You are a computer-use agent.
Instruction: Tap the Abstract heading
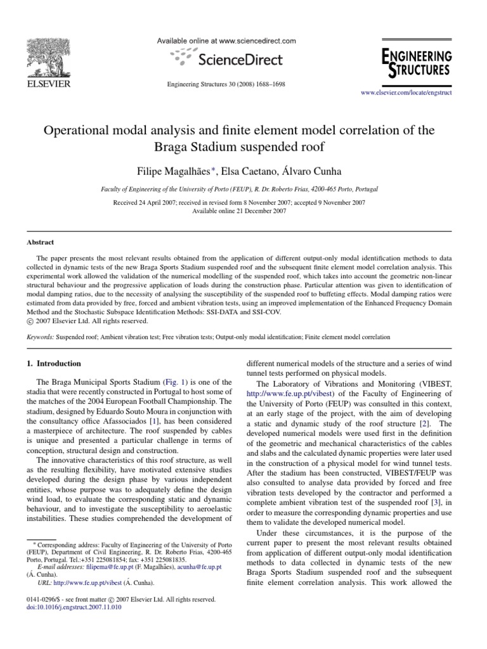point(40,242)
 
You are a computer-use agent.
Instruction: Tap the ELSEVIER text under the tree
point(48,83)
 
